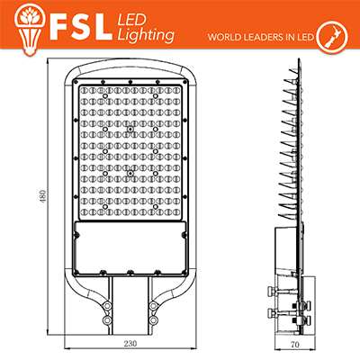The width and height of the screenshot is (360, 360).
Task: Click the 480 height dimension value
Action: (x=43, y=197)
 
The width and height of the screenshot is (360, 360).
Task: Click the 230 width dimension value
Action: (x=130, y=344)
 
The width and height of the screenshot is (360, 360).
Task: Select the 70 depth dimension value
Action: (x=295, y=345)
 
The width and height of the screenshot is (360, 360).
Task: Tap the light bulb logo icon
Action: (x=29, y=28)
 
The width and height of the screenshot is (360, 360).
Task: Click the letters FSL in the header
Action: (x=81, y=27)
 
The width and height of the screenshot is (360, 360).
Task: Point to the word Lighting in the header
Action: (x=146, y=35)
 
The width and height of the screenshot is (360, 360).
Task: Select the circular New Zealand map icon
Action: (x=332, y=36)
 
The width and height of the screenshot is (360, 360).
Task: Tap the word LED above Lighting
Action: (x=131, y=20)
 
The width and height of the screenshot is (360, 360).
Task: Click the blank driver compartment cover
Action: (x=130, y=247)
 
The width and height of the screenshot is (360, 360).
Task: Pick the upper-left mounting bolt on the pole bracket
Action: (x=106, y=306)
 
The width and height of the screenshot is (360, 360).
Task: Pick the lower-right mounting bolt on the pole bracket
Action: (x=153, y=319)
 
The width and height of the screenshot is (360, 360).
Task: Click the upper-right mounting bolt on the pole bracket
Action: (x=153, y=306)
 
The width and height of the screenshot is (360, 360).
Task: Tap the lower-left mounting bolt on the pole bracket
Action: (x=106, y=319)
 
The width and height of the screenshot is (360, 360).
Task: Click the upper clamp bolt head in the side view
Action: (x=272, y=291)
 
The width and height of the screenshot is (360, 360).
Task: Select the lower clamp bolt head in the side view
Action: (x=272, y=313)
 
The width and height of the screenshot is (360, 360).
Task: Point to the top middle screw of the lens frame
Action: (x=130, y=81)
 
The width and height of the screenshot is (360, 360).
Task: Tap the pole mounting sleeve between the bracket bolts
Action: (x=130, y=305)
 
